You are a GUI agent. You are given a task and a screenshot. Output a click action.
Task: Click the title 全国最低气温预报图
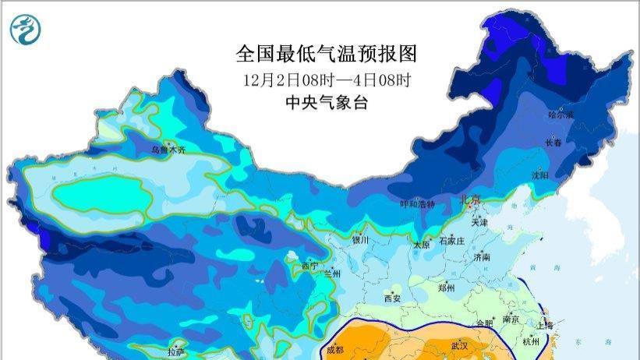[x=326, y=54]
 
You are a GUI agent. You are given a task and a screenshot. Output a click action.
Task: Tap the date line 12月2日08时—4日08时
[x=326, y=79]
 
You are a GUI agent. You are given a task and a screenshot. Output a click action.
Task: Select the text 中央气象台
[x=326, y=102]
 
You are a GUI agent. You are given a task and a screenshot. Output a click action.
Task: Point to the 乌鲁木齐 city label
[x=168, y=149]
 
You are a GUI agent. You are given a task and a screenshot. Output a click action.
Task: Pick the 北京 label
[x=472, y=199]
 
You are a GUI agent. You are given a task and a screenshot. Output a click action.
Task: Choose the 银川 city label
[x=359, y=241]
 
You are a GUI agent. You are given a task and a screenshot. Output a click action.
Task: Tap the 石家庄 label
[x=452, y=242]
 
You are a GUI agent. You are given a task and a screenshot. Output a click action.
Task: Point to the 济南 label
[x=482, y=257]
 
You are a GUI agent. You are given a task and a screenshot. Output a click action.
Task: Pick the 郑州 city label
[x=446, y=288]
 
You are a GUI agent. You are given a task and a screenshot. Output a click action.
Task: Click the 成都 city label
[x=334, y=349]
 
